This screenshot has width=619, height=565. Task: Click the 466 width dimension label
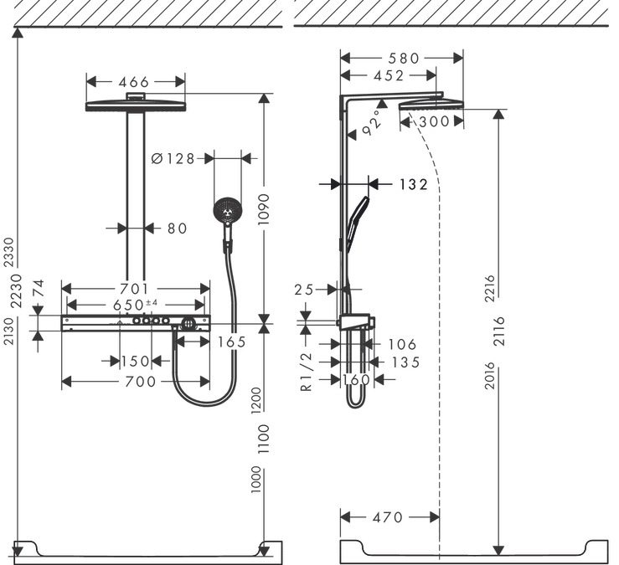coord(134,82)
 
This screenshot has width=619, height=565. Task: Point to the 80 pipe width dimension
coord(176,228)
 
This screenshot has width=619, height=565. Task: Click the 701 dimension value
coord(134,289)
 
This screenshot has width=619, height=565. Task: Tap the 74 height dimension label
coord(38,288)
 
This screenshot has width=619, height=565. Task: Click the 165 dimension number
coord(230,342)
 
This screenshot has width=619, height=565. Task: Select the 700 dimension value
coord(134,382)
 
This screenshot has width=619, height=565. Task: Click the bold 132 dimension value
coord(411,184)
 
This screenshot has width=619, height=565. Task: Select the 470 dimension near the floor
coord(387,517)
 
